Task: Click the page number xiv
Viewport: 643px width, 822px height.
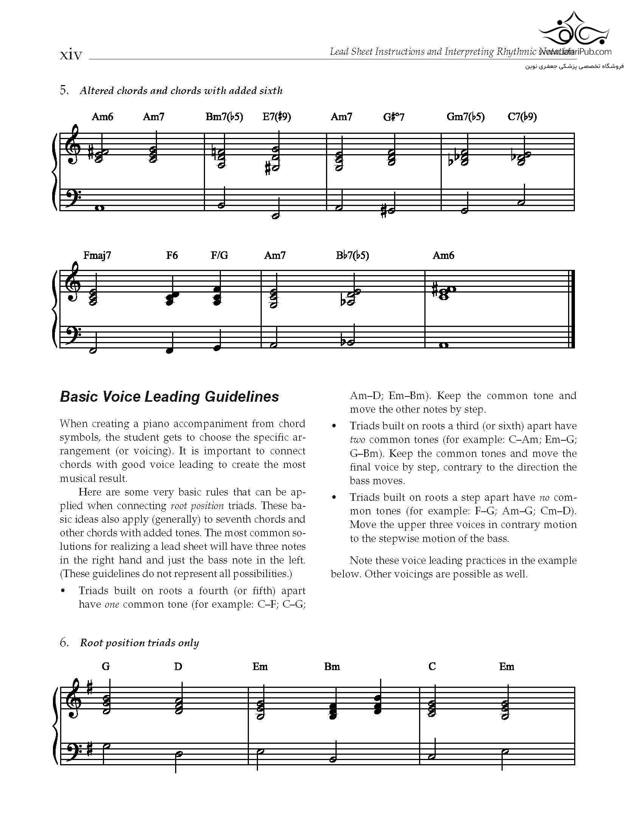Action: (71, 55)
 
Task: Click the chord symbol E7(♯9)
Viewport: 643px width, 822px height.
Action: (276, 117)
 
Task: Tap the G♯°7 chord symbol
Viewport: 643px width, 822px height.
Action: (393, 117)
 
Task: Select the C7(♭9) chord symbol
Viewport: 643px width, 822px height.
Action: (522, 117)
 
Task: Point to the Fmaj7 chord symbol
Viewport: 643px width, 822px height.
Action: (97, 255)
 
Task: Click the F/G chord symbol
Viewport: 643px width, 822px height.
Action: (219, 255)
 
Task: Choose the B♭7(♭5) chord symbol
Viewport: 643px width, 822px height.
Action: (352, 255)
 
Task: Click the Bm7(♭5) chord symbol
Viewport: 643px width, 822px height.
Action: (224, 117)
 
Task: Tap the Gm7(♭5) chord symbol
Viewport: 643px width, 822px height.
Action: (465, 117)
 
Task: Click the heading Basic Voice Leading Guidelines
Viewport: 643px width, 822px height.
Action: (169, 396)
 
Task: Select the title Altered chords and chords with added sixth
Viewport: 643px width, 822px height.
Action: (181, 91)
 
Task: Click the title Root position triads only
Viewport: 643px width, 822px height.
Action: (139, 643)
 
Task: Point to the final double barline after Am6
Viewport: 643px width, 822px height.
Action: (573, 309)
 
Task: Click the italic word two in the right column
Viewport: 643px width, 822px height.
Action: (357, 440)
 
